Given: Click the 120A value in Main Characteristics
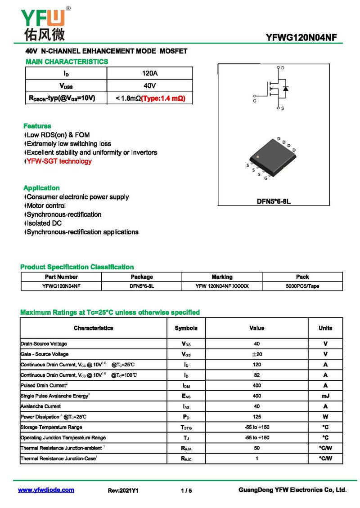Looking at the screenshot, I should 149,73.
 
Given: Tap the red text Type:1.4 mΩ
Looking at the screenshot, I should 163,98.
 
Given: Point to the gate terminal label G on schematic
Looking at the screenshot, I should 255,102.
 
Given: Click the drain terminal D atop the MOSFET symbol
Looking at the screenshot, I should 283,67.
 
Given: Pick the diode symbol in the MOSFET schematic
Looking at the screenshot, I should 285,88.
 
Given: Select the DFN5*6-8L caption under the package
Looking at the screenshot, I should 274,201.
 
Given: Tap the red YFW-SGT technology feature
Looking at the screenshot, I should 59,161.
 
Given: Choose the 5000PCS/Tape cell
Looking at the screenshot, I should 302,286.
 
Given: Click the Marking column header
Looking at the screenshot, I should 222,277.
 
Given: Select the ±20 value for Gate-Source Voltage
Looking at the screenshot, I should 256,354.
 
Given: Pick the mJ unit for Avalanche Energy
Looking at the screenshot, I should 325,396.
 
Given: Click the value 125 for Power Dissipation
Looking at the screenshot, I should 256,417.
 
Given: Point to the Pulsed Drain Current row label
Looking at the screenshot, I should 44,386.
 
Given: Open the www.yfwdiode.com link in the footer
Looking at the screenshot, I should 46,490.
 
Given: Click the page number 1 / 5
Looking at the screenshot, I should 186,490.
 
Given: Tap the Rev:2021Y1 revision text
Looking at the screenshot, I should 123,490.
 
